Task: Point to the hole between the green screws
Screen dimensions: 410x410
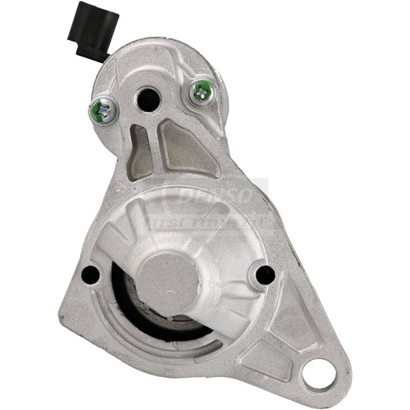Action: (148, 100)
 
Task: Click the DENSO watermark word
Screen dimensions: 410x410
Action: (216, 198)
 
